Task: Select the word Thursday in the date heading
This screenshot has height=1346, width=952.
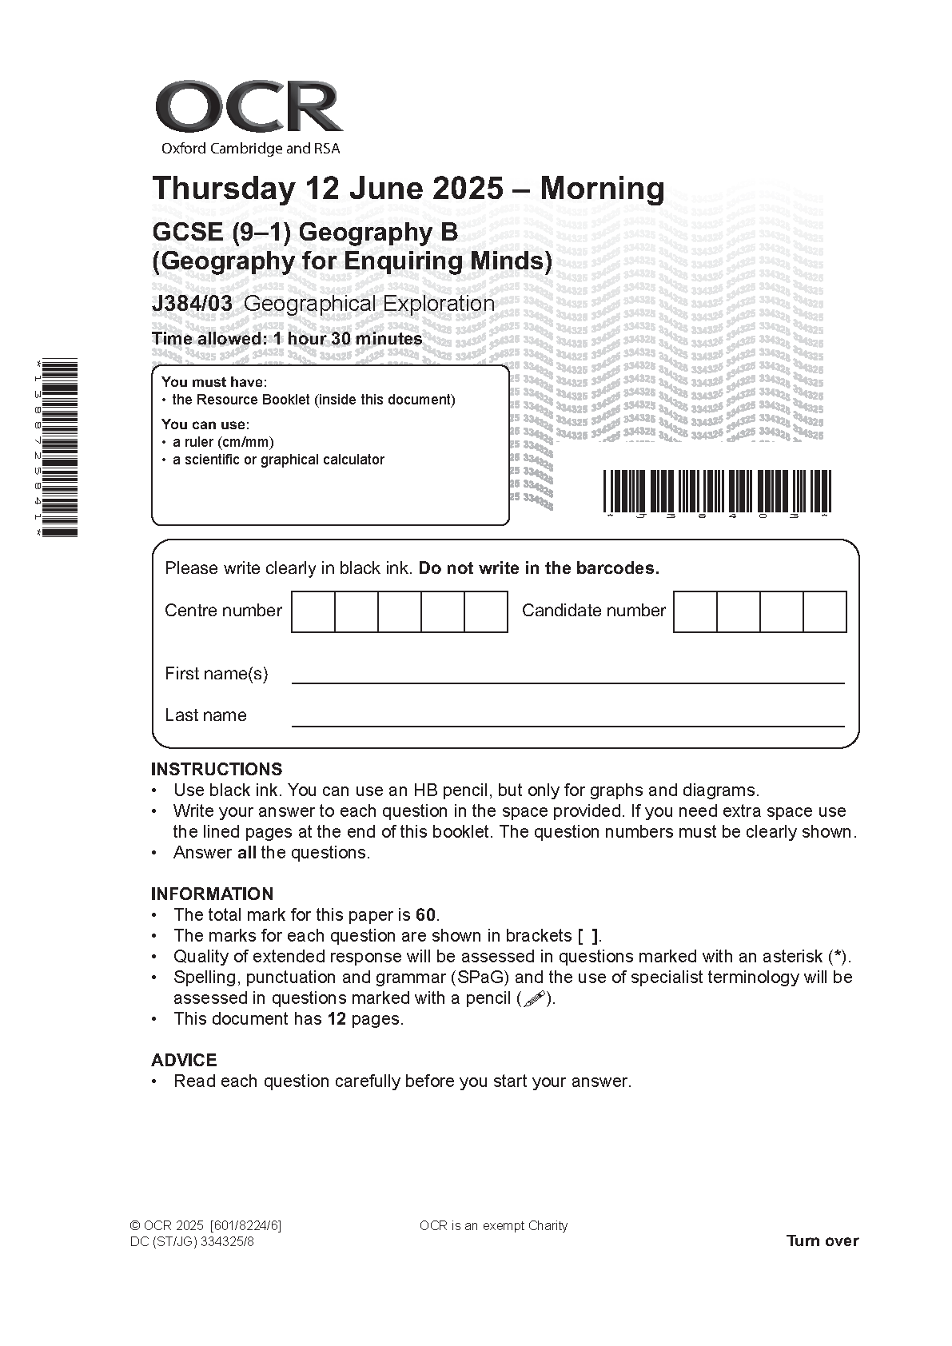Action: tap(223, 189)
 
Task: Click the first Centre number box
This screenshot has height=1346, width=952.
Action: tap(313, 611)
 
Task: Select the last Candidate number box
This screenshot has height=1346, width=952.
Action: tap(825, 611)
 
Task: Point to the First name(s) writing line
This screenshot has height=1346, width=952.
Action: tap(568, 681)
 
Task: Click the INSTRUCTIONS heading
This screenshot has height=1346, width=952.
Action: tap(217, 770)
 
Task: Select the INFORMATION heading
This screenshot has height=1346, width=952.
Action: tap(212, 894)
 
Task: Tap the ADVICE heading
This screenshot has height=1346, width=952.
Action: tap(184, 1061)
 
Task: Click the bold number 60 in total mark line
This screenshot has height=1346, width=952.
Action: tap(426, 915)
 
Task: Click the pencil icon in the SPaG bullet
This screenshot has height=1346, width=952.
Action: tap(534, 998)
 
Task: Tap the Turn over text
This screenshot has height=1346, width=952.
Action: tap(822, 1241)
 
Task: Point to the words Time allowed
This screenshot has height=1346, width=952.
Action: tap(208, 339)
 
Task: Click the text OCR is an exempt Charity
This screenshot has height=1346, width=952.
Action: tap(493, 1226)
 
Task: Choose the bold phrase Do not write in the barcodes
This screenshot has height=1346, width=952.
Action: tap(539, 569)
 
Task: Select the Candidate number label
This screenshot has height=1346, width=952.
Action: tap(593, 611)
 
